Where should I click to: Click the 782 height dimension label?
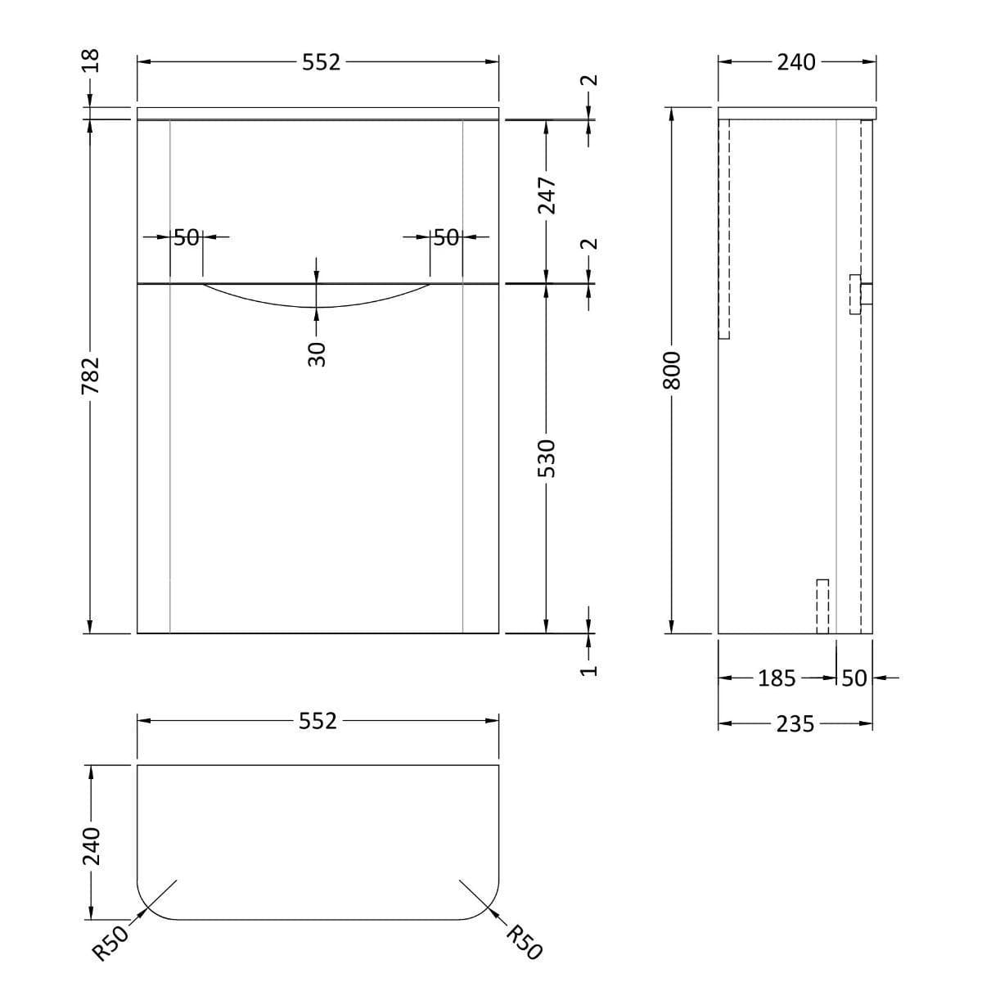[91, 375]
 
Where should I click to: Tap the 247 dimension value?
[547, 197]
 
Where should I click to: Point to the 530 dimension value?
[547, 459]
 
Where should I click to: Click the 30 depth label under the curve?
[317, 354]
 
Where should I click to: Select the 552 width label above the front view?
[321, 62]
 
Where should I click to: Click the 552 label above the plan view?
[318, 721]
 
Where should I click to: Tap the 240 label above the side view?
[795, 62]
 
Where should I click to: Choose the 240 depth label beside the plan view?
[91, 845]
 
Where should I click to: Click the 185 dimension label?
[776, 678]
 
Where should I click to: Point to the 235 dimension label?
[795, 724]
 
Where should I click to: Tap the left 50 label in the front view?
[187, 237]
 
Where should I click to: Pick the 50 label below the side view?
[854, 678]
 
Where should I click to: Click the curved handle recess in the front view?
[317, 296]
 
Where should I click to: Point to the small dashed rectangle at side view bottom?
[822, 606]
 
